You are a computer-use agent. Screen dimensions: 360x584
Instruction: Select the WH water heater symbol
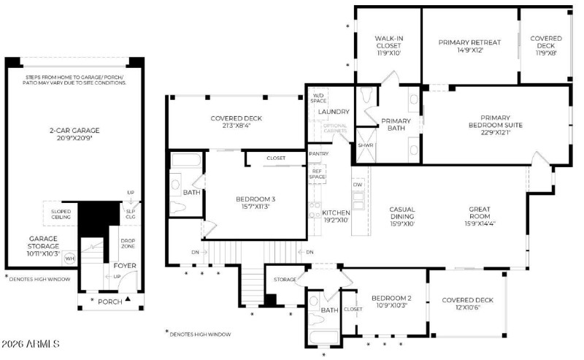click(x=69, y=258)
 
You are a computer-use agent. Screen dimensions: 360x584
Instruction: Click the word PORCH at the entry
click(x=110, y=301)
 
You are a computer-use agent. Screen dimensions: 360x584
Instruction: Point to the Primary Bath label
click(x=396, y=125)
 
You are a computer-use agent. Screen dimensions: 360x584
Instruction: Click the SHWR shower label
click(x=364, y=145)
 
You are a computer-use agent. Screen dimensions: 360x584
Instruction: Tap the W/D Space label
click(x=318, y=99)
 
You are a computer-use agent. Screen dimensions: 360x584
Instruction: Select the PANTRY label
click(x=318, y=154)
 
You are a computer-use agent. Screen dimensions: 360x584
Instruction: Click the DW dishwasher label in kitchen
click(x=358, y=185)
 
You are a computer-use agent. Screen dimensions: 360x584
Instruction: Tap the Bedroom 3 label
click(x=255, y=202)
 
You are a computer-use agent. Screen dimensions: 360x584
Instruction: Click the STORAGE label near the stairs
click(x=285, y=279)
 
